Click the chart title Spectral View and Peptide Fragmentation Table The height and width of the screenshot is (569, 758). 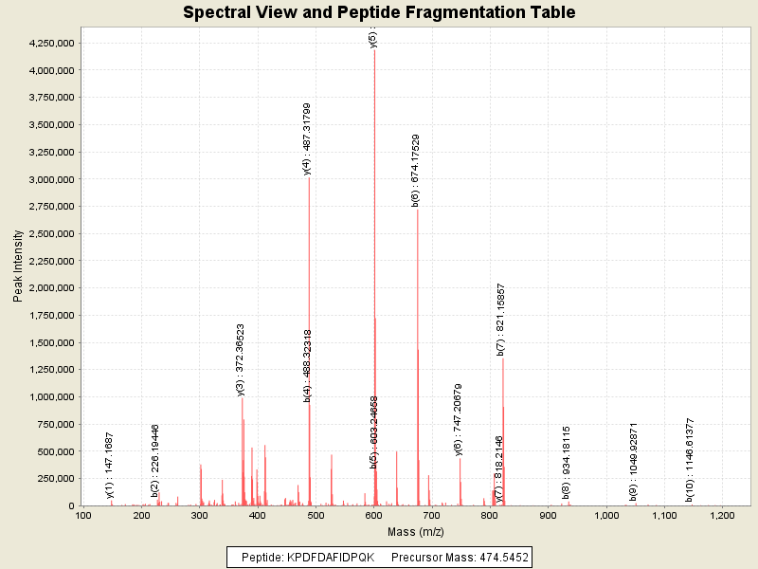pos(379,12)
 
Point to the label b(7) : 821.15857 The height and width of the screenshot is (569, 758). pos(500,319)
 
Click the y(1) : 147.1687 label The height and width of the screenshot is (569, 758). pos(110,465)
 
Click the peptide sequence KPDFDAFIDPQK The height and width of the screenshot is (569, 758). pos(327,557)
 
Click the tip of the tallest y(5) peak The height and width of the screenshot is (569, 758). pos(374,49)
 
